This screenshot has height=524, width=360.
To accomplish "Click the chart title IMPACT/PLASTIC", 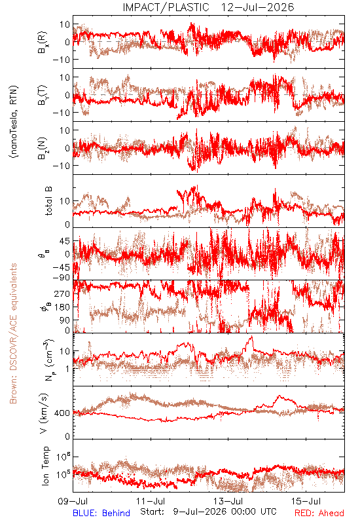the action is point(166,7).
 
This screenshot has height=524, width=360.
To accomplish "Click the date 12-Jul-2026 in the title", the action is point(258,7).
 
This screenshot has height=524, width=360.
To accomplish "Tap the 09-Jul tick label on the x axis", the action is point(73,501).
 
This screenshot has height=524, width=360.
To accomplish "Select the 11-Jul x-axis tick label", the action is point(151,501).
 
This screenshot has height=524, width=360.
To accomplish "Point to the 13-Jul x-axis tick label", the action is point(228,501).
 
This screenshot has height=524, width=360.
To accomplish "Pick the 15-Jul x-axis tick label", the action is point(306,501).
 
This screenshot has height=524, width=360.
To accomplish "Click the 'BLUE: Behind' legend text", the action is point(101,513).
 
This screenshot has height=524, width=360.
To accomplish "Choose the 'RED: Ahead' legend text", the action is point(319,513).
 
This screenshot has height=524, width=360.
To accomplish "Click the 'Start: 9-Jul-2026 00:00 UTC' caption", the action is point(208,512).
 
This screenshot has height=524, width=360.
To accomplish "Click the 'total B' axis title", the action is point(48,201).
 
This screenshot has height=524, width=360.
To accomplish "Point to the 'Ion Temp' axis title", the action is point(45,466).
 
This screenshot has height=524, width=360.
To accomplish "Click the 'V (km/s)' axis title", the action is point(44,413).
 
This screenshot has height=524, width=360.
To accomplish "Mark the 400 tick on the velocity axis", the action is point(62,413).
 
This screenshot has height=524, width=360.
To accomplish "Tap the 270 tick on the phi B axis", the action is point(62,293).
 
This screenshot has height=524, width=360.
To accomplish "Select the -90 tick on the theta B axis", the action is point(61,278).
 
